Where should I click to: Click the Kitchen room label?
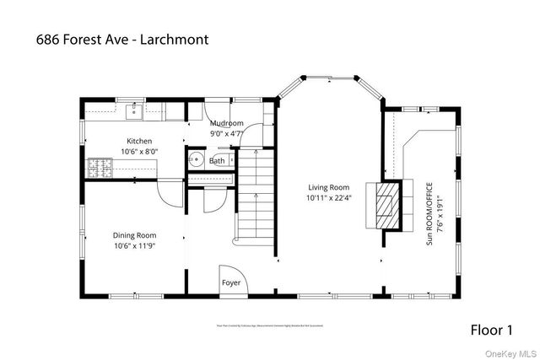pos(139,141)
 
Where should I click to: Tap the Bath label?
pos(217,160)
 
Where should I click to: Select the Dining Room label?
pos(135,235)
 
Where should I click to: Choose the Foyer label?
pos(230,283)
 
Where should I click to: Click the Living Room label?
pos(327,187)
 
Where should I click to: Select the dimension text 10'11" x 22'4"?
pos(327,197)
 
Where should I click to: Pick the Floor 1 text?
pos(490,329)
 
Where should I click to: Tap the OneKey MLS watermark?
pos(510,352)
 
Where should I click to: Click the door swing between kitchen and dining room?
pos(169,191)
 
